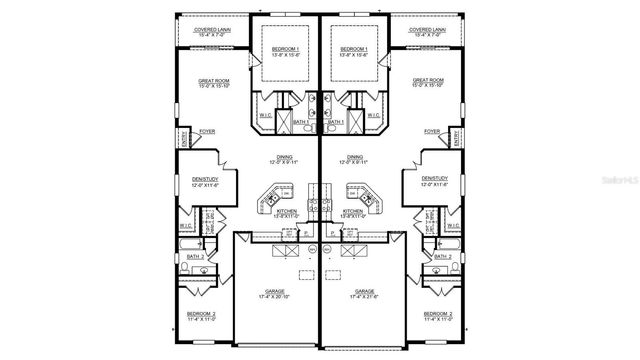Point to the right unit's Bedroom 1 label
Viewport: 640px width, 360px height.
[357, 51]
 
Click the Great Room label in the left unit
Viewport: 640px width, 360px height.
[215, 83]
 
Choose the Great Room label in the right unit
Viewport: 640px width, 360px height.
[427, 83]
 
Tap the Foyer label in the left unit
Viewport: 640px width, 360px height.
[207, 131]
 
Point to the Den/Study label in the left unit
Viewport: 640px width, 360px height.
[205, 181]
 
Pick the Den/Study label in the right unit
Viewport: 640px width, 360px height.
[434, 181]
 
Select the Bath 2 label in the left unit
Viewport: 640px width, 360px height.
[195, 257]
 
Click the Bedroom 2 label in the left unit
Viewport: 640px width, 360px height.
[201, 314]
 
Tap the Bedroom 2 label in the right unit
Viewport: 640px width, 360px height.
[438, 314]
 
